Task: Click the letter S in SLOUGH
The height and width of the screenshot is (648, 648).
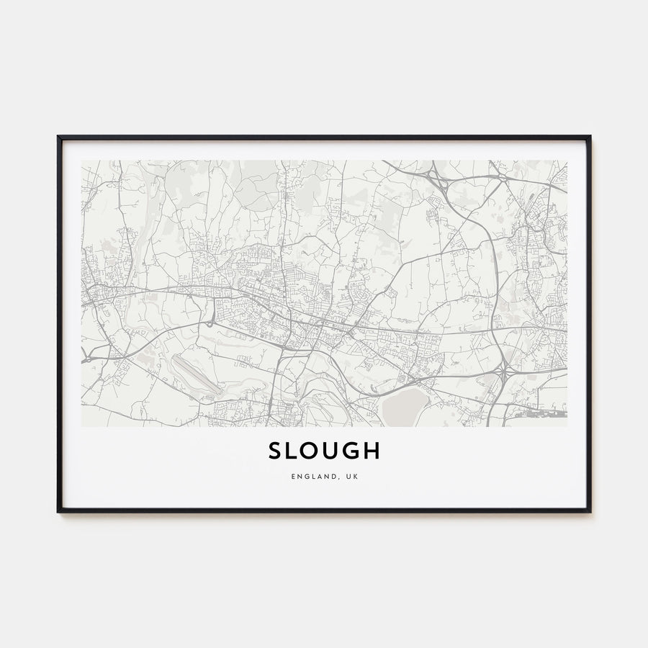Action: pos(276,451)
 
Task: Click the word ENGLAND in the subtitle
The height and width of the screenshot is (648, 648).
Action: pos(311,476)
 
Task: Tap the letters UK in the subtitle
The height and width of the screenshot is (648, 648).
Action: pos(351,476)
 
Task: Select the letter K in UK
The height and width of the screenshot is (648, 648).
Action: pos(355,476)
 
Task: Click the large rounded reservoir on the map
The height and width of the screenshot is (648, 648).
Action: pos(402,408)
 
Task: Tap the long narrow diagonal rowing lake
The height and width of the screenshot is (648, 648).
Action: pos(196,374)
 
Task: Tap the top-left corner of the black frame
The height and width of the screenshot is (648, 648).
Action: pos(58,137)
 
